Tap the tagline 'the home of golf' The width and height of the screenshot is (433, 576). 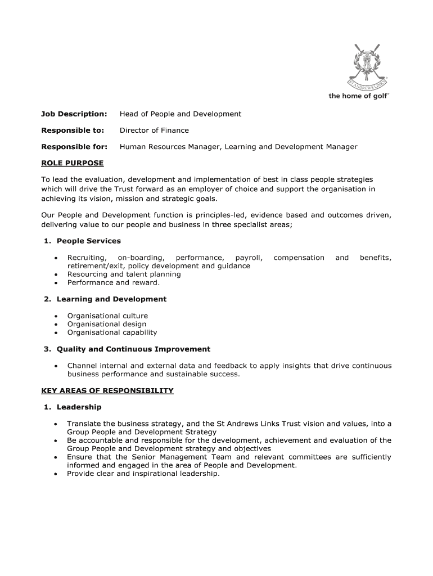coord(358,96)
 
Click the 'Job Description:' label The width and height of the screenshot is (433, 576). coord(74,114)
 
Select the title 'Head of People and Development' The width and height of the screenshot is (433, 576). coord(180,114)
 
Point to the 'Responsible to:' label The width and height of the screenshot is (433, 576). coord(73,130)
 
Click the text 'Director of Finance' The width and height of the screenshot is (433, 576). coord(154,130)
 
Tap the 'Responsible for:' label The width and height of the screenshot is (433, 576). coord(74,147)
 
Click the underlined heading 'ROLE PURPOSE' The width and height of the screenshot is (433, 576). coord(73,163)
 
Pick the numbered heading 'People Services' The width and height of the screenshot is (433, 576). coord(88,241)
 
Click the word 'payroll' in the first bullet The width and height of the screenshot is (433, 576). coord(249,258)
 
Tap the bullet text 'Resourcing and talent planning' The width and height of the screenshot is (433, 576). coord(124,274)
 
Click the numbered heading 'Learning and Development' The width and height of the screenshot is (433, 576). coord(111,299)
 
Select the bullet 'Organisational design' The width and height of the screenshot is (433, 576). coord(107,324)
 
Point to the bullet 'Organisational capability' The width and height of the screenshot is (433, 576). coord(112,332)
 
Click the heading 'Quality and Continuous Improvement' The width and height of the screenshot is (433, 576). coord(133,349)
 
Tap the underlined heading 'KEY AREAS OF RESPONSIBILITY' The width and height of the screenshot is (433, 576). coord(107,390)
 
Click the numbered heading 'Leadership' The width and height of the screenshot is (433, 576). coord(79,407)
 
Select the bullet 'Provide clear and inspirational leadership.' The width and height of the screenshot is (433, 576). coord(143,474)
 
